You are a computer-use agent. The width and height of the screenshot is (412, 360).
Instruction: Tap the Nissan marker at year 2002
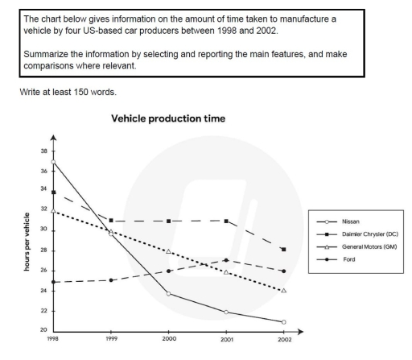[x=283, y=321]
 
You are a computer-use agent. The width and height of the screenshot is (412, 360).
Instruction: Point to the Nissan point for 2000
[x=168, y=293]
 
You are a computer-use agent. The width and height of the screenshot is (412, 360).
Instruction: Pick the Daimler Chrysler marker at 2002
[x=283, y=250]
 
